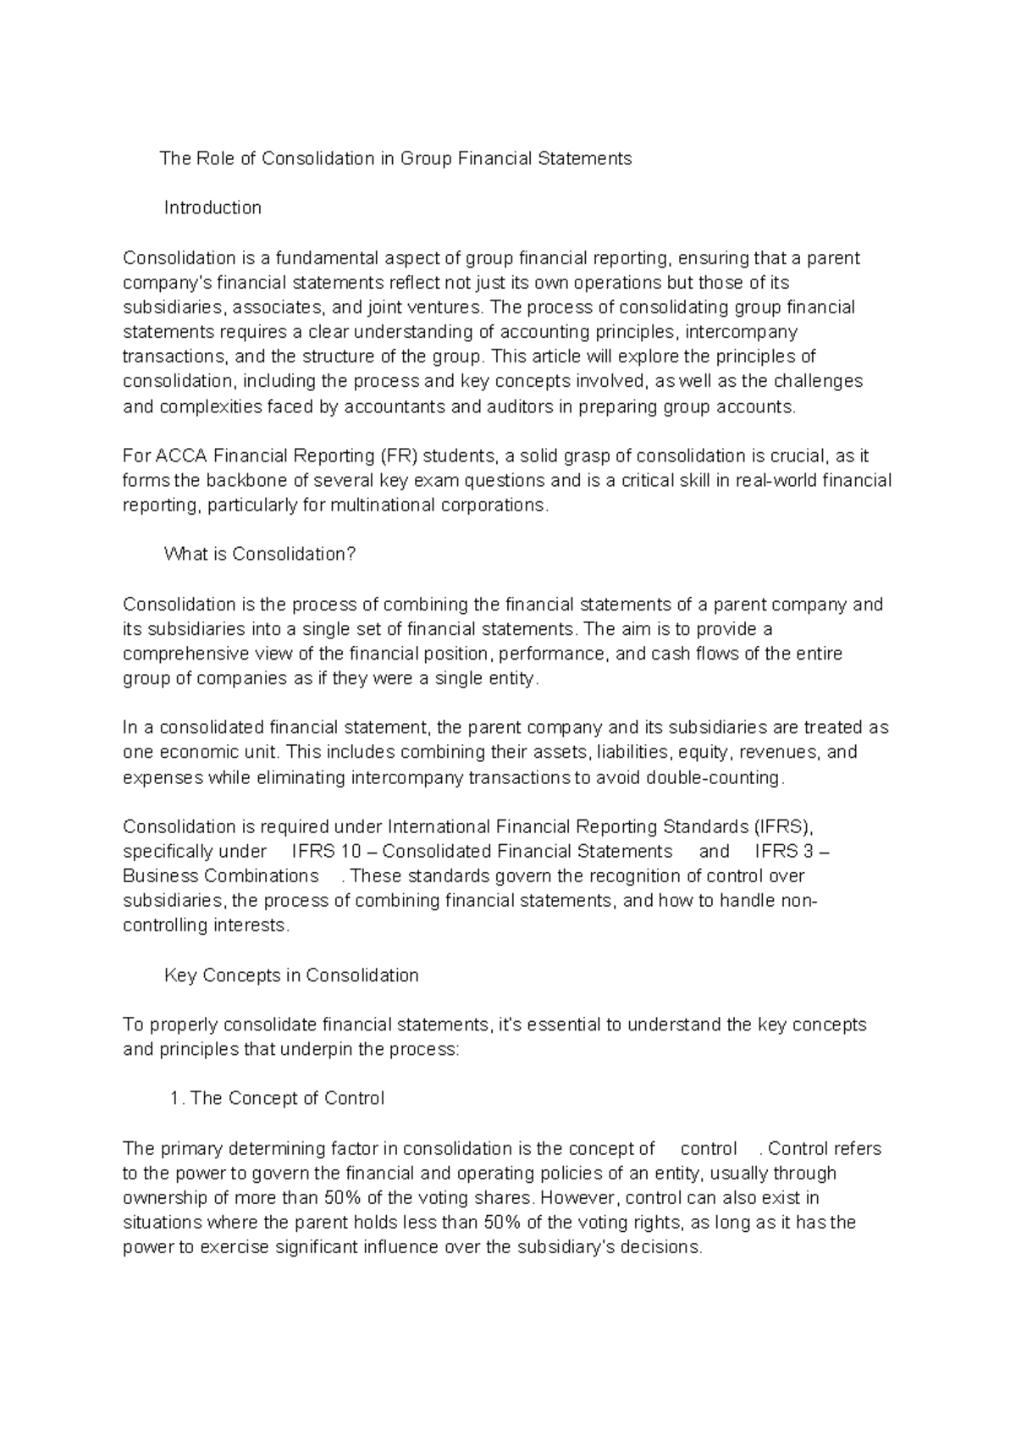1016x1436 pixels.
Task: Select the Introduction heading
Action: pos(213,207)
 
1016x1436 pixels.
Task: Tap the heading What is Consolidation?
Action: pos(260,555)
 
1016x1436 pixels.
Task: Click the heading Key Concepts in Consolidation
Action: pos(291,975)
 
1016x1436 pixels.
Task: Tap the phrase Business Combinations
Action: pos(221,876)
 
